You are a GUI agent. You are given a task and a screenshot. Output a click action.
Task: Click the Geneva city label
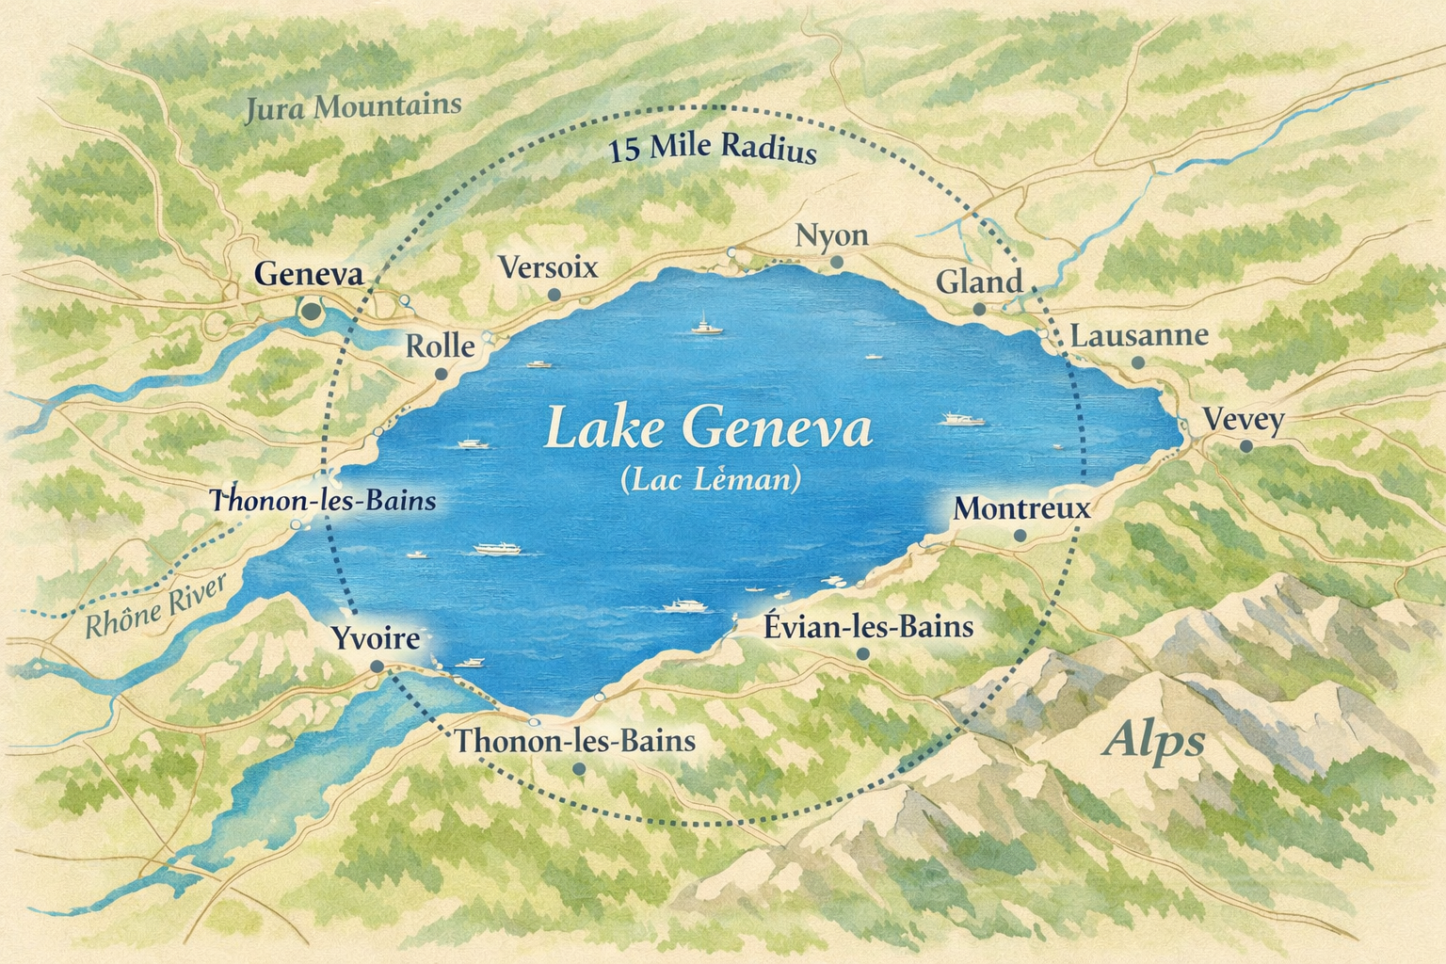(309, 275)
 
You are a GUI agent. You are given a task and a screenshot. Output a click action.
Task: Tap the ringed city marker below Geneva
(310, 310)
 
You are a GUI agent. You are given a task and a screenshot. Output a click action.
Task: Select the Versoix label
(548, 267)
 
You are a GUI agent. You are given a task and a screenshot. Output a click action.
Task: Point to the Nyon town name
(831, 234)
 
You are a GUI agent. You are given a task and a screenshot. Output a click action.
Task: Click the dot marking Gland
(979, 309)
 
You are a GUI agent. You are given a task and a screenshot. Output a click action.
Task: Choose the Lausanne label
(1139, 335)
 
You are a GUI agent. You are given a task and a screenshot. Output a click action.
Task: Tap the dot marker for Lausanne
(1137, 362)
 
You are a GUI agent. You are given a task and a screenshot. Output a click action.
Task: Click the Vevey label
(1244, 419)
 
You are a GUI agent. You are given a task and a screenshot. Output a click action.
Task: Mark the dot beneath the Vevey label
(1245, 446)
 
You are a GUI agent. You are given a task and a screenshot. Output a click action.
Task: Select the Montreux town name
(1021, 508)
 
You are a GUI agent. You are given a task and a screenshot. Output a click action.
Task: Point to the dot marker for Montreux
(1020, 536)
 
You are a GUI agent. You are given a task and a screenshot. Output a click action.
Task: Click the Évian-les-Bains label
(868, 626)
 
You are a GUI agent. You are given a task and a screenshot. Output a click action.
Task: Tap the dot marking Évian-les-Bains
(862, 653)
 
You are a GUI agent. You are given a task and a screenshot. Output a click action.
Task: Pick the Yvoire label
(376, 638)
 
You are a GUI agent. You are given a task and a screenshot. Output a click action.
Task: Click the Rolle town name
(440, 345)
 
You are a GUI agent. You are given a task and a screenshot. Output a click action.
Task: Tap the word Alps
(1154, 742)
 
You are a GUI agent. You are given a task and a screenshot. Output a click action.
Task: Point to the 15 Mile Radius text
(713, 149)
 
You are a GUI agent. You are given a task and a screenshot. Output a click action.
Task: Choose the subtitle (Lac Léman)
(711, 480)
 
